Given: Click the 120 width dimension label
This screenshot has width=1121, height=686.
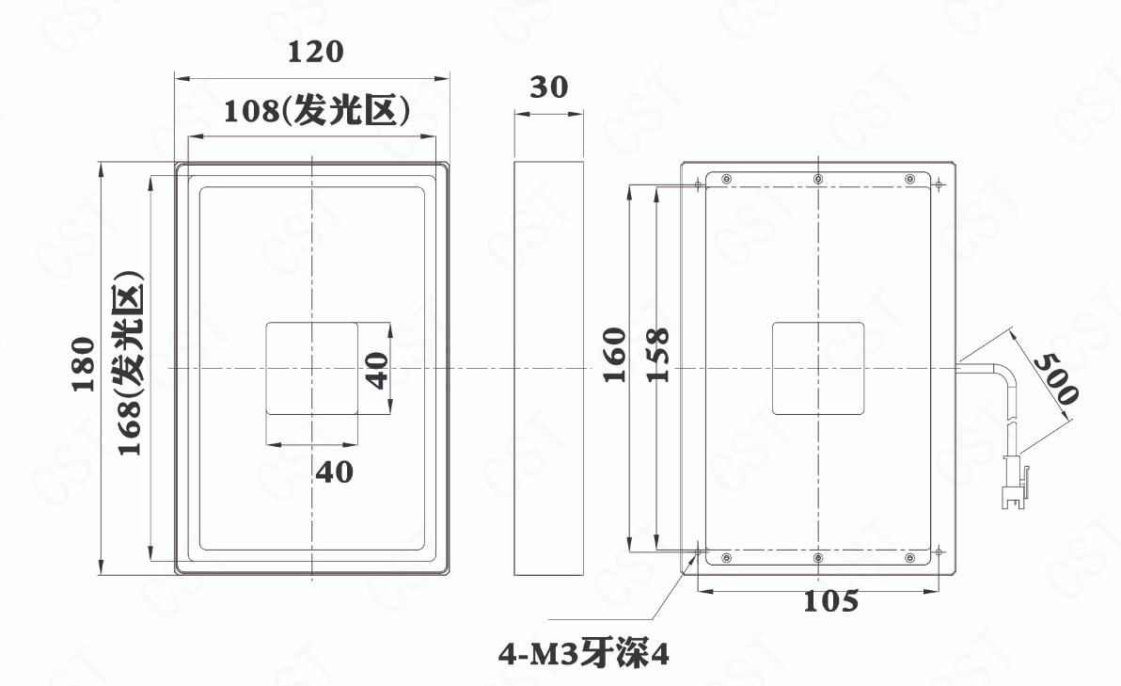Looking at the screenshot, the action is click(315, 52).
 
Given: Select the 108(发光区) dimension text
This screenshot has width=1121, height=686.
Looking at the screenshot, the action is click(316, 110).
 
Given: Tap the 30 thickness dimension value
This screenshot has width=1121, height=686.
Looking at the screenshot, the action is click(549, 88).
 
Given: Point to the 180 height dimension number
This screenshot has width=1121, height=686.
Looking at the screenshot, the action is click(84, 364).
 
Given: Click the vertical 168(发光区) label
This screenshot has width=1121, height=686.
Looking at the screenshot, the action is click(130, 362).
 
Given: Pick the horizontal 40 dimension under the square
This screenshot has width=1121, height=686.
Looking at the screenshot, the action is click(335, 472).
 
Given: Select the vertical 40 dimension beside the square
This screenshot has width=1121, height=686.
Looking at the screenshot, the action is click(377, 370).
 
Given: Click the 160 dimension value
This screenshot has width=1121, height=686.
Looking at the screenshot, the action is click(615, 355).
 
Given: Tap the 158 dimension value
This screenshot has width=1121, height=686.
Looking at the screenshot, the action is click(657, 355).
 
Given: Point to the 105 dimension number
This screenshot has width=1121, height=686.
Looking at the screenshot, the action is click(830, 601).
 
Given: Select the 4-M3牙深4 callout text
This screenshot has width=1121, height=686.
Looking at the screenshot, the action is click(584, 654).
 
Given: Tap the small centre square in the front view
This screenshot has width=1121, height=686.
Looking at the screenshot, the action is click(311, 368).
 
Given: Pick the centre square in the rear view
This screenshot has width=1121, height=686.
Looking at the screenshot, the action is click(818, 368).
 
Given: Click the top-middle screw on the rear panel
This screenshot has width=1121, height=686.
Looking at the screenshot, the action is click(818, 179).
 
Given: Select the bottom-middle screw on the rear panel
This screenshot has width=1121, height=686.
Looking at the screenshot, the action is click(818, 558).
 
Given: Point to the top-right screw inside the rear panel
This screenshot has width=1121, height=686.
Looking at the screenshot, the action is click(910, 179).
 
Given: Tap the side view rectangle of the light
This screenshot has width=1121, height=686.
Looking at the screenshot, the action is click(549, 368).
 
